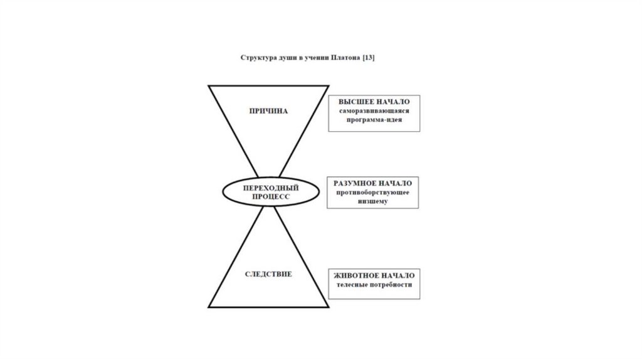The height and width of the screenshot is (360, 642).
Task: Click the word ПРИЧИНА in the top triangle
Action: click(x=268, y=111)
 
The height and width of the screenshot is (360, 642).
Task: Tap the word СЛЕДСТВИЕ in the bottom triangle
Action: click(x=268, y=275)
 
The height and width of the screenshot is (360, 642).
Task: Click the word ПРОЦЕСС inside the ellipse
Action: click(x=270, y=196)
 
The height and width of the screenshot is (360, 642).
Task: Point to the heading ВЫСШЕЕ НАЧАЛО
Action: click(x=374, y=102)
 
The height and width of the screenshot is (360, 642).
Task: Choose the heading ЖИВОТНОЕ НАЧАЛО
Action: click(x=374, y=276)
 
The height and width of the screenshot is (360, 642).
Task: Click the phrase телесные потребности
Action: click(x=374, y=285)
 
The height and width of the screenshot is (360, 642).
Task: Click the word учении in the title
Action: click(x=314, y=58)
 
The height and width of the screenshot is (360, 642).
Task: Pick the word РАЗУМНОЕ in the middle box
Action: click(x=355, y=183)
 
